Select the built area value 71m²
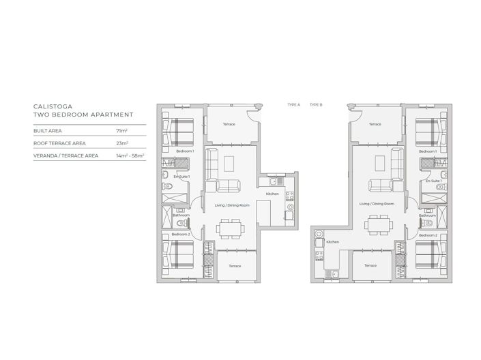pos(120,130)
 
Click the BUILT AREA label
pos(46,130)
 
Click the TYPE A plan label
pos(294,105)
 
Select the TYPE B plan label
pos(315,105)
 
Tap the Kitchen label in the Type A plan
pos(272,194)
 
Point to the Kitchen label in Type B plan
pos(332,242)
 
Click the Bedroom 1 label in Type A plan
pos(184,151)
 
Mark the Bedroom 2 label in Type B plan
pos(427,235)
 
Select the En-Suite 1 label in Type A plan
pos(180,177)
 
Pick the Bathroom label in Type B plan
pos(428,215)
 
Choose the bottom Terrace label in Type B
pos(370,266)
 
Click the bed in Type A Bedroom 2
pos(180,257)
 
